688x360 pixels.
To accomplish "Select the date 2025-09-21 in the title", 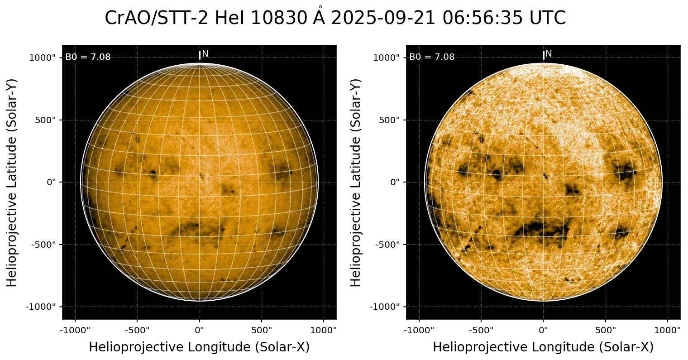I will (x=384, y=19).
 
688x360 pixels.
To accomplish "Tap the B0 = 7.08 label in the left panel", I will (x=88, y=57).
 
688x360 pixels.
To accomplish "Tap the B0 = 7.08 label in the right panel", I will (x=432, y=57).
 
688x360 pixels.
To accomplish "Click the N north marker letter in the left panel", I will (x=205, y=54).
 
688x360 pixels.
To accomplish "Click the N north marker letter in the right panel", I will (x=549, y=54).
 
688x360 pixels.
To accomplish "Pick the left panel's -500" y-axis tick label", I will (x=44, y=245).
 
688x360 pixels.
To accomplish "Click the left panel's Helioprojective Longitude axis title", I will (x=199, y=347).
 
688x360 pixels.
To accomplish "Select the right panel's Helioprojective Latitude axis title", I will (x=356, y=182).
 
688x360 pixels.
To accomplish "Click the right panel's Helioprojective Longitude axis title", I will (x=543, y=347).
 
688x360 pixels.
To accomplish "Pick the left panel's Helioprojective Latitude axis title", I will (x=12, y=182).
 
